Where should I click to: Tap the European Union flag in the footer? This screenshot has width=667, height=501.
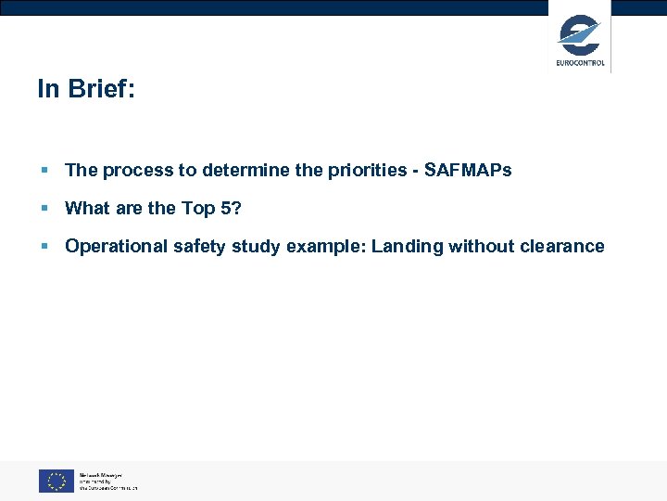(x=57, y=481)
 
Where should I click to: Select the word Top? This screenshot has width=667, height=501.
(x=198, y=208)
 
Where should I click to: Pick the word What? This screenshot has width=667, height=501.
(x=87, y=208)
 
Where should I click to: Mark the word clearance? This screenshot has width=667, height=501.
(x=562, y=246)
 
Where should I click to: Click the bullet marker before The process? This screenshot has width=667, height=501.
(x=44, y=171)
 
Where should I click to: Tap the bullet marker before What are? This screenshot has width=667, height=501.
(x=44, y=209)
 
